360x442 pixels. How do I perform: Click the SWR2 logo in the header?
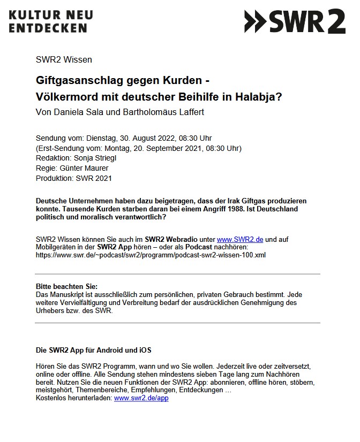click(294, 21)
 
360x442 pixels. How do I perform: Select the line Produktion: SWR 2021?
click(73, 178)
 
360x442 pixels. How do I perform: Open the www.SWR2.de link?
click(240, 239)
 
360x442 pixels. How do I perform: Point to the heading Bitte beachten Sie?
click(67, 286)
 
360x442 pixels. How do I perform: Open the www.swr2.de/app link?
click(141, 399)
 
